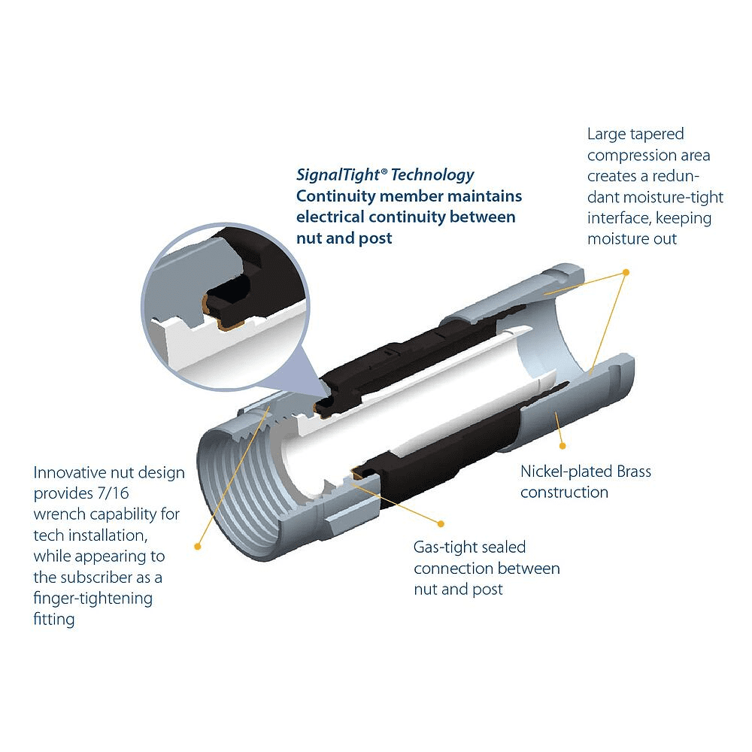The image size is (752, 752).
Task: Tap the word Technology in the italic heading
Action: (x=432, y=175)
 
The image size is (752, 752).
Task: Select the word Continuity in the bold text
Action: (x=335, y=196)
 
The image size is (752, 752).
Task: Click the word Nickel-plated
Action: (x=566, y=472)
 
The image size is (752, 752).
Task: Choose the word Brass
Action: (x=634, y=472)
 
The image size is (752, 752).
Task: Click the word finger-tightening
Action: (x=93, y=599)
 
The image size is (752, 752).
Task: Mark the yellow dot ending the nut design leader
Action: (x=197, y=546)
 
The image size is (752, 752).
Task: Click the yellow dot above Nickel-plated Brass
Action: (x=562, y=446)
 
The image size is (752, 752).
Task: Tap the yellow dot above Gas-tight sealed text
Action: (x=441, y=523)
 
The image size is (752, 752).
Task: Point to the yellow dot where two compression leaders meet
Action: (x=626, y=272)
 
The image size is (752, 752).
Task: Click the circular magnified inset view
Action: (x=226, y=307)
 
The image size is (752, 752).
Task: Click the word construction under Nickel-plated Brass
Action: (x=565, y=493)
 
